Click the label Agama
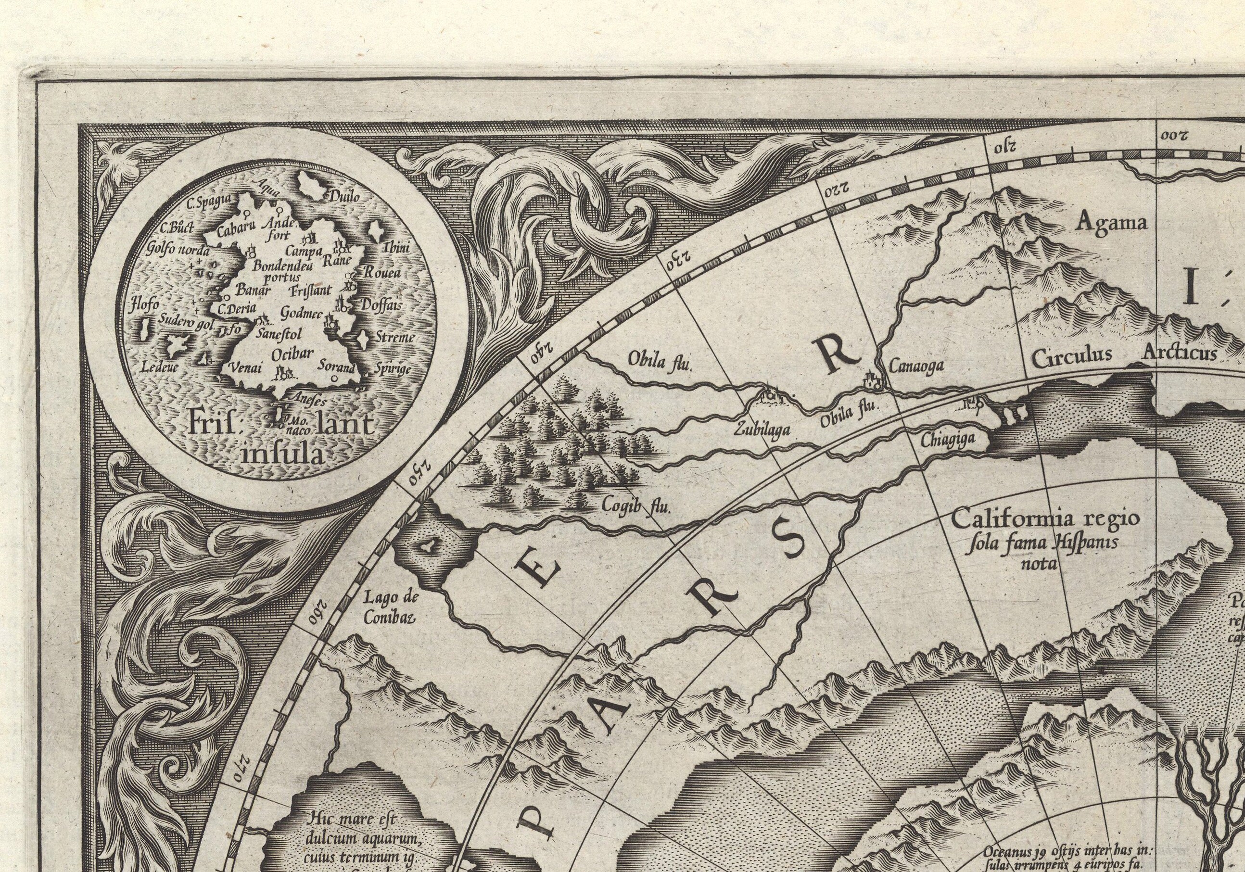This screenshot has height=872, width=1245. (1112, 223)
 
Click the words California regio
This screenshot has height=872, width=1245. (1045, 519)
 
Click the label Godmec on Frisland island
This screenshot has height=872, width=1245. (302, 314)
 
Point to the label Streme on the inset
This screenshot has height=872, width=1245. (395, 337)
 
